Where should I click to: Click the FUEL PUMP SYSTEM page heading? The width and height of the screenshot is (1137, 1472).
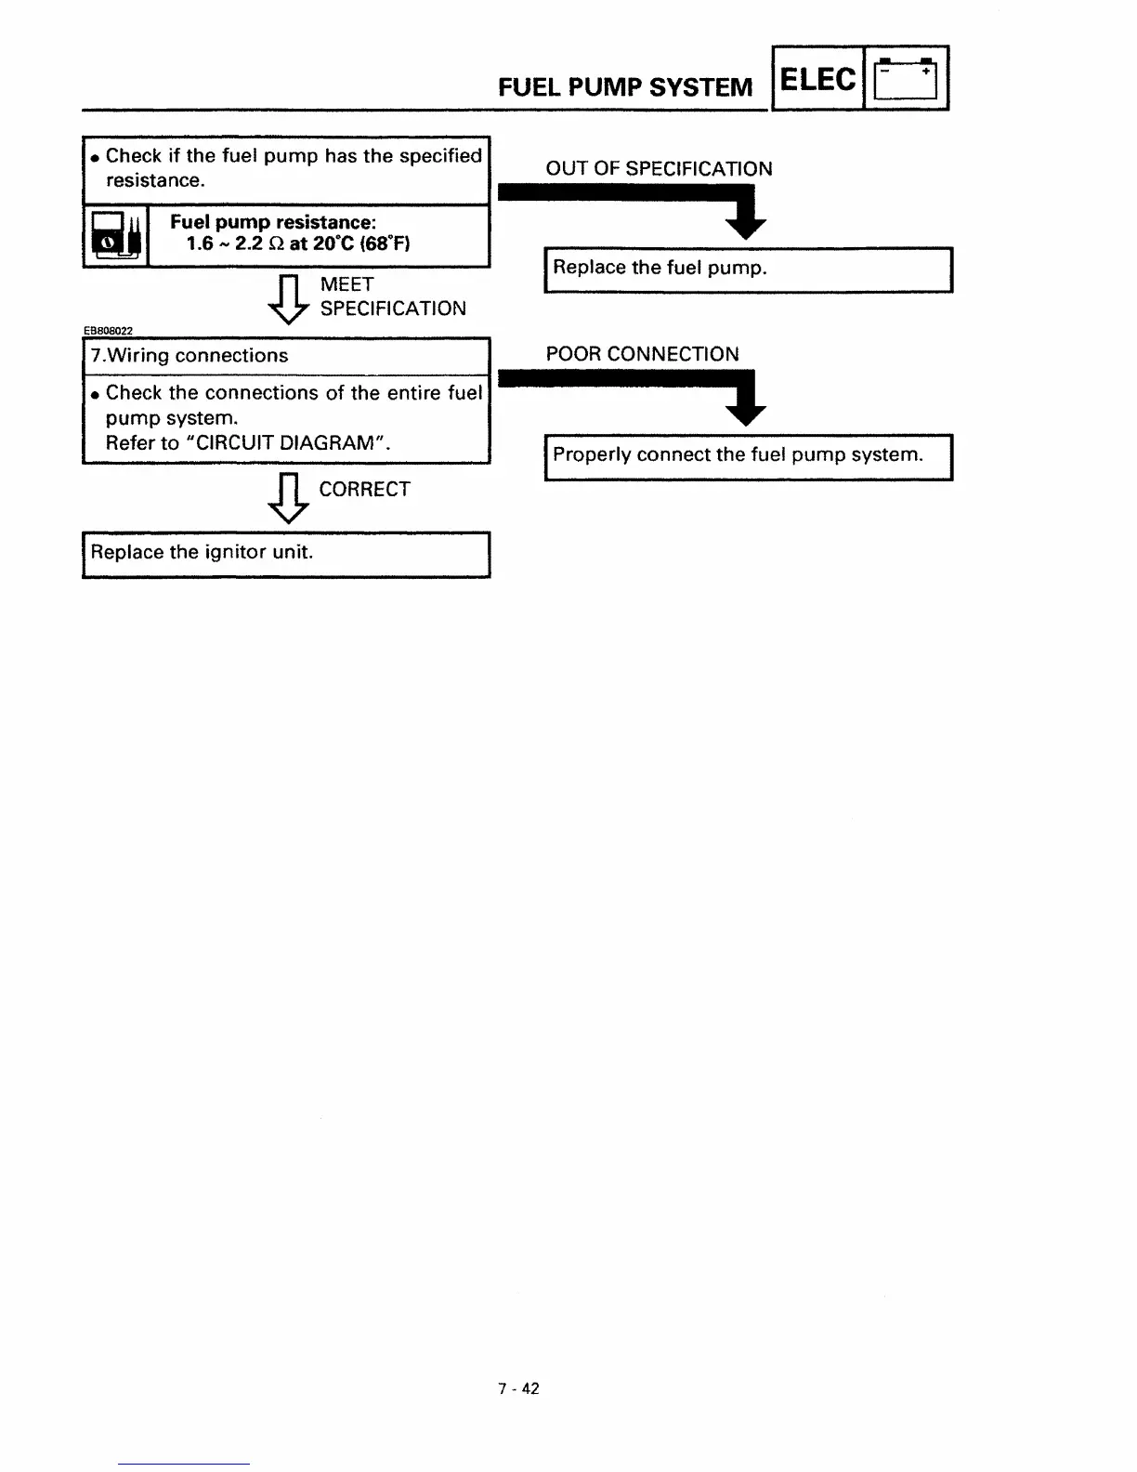pos(625,87)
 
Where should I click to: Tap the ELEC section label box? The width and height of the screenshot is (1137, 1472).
pos(817,80)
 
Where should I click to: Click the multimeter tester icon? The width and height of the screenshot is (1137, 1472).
pos(115,237)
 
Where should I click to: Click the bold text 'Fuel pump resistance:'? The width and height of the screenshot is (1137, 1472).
pos(273,222)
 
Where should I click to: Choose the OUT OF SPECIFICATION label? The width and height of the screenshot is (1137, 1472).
pos(659,168)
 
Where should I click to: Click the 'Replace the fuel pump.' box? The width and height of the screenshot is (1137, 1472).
pos(748,269)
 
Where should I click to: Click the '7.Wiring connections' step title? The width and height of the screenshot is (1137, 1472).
pos(189,356)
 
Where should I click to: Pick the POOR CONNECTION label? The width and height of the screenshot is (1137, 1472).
pos(642,354)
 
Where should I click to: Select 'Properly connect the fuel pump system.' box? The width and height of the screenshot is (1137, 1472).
pos(748,456)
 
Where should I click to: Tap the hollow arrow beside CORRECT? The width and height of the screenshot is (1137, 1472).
pos(288,499)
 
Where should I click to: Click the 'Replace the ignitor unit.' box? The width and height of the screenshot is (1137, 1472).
pos(286,554)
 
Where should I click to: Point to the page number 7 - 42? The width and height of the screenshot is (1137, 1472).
pos(518,1388)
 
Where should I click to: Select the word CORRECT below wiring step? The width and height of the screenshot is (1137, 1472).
pos(364,490)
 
